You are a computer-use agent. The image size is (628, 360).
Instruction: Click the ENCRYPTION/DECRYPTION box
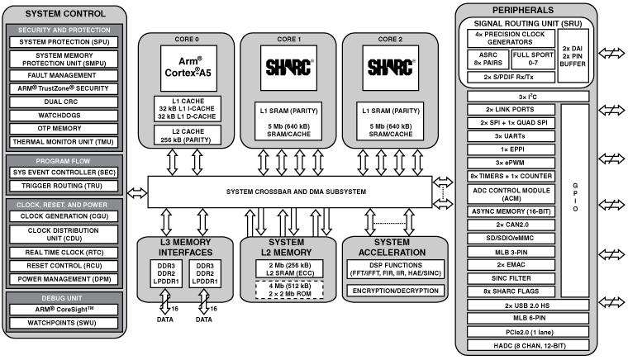394,291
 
